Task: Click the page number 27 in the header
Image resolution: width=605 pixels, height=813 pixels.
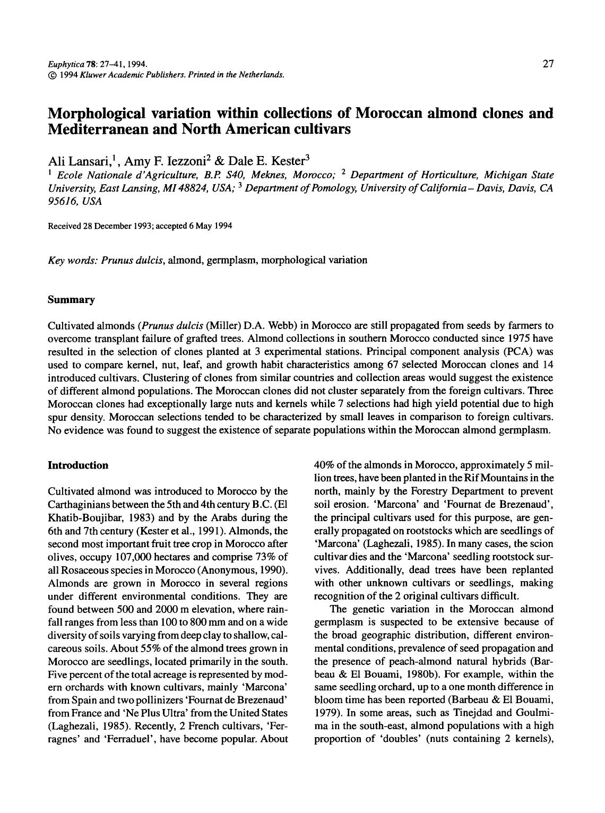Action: (548, 64)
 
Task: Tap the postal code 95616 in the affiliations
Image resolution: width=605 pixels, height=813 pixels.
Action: (63, 201)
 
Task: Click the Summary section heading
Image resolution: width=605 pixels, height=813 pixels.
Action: (71, 300)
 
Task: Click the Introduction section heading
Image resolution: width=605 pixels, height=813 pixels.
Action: (78, 465)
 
